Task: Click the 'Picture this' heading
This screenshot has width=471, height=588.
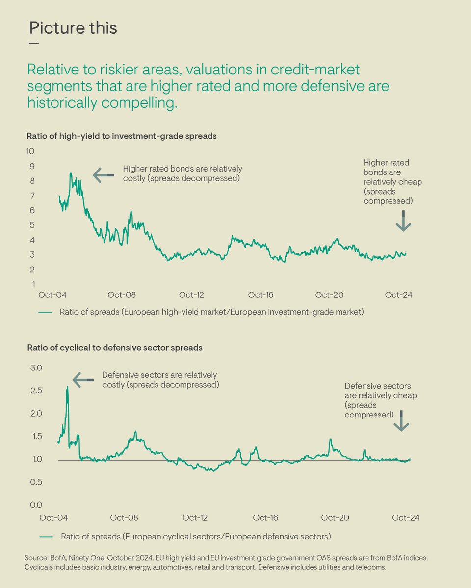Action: pos(73,28)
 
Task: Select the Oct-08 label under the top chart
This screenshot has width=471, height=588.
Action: pos(122,295)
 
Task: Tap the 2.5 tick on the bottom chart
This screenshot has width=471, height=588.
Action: pos(37,391)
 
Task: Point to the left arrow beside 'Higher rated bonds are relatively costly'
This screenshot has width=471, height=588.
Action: pos(103,174)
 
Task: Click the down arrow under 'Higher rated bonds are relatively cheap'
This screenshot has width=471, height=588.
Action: pos(403,221)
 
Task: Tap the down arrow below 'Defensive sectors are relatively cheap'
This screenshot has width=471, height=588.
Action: pos(401,421)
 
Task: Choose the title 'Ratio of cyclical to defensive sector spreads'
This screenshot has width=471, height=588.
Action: pos(114,348)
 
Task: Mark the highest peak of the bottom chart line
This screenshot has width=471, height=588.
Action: pos(67,387)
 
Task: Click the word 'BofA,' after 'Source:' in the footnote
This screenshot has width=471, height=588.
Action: pos(56,558)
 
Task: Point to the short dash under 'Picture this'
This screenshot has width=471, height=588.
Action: pos(34,43)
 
